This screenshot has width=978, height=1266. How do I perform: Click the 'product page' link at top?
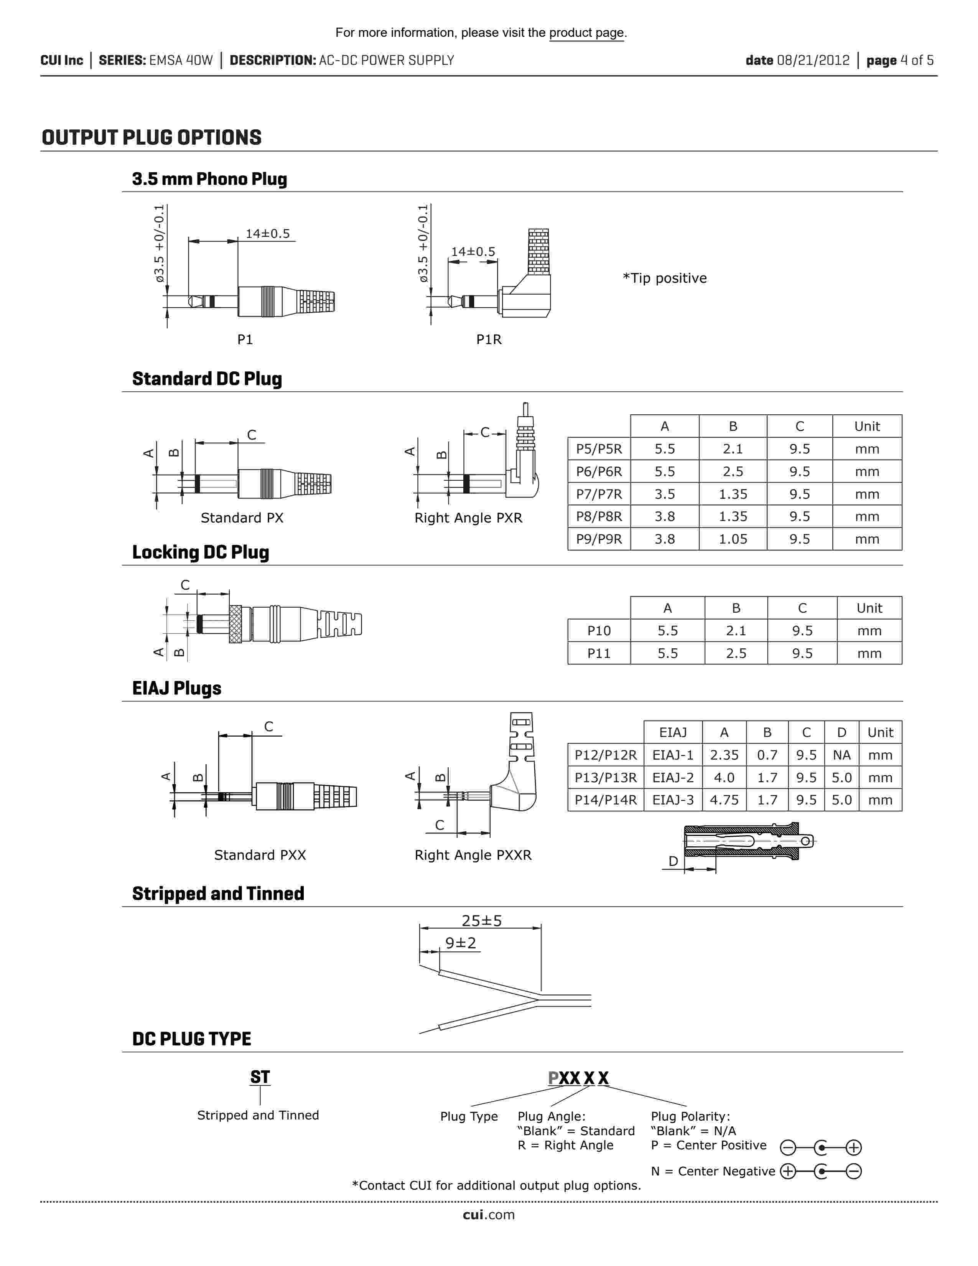[x=586, y=33]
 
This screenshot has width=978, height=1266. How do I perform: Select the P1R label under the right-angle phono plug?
[x=488, y=340]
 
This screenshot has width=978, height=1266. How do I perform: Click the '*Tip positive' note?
[x=665, y=278]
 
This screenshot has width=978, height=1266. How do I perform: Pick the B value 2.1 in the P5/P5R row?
[x=732, y=449]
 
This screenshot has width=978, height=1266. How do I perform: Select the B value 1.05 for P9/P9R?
[x=732, y=539]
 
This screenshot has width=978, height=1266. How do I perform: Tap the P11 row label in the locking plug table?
[x=599, y=653]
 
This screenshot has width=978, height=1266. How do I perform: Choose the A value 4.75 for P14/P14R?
[x=724, y=800]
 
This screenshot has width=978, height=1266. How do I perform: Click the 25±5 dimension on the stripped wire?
[x=481, y=920]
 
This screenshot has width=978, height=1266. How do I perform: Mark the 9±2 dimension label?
[x=461, y=943]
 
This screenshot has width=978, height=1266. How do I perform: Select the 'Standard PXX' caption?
[x=260, y=855]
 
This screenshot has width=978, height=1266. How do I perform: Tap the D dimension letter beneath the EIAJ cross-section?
[x=673, y=861]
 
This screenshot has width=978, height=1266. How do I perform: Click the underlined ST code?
[x=260, y=1077]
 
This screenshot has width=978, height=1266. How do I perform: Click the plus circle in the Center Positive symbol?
[x=853, y=1147]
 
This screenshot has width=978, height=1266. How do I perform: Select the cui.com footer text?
[x=488, y=1215]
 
